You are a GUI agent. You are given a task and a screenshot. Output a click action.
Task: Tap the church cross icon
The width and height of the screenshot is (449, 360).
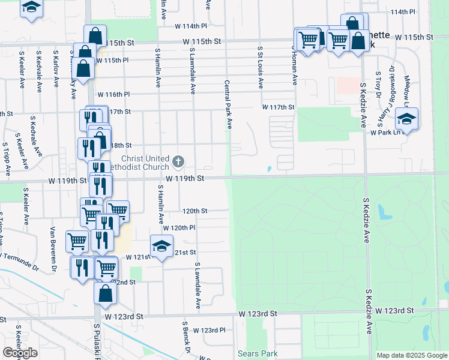point(178,161)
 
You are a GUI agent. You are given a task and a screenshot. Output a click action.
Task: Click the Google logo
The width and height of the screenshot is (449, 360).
point(20,353)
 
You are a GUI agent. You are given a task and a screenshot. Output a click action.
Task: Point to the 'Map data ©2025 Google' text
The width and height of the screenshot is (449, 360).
point(412,355)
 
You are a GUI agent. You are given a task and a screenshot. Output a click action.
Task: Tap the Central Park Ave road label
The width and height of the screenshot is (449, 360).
point(229,105)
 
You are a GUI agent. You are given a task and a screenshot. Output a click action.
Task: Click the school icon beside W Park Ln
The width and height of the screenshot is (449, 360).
point(406,118)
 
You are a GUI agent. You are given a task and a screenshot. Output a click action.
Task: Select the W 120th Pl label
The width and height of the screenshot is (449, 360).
point(179,228)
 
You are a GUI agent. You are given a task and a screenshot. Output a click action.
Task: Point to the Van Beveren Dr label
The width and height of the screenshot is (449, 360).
point(53,249)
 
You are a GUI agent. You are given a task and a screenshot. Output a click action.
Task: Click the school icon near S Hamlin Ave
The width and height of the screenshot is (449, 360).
point(161,246)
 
